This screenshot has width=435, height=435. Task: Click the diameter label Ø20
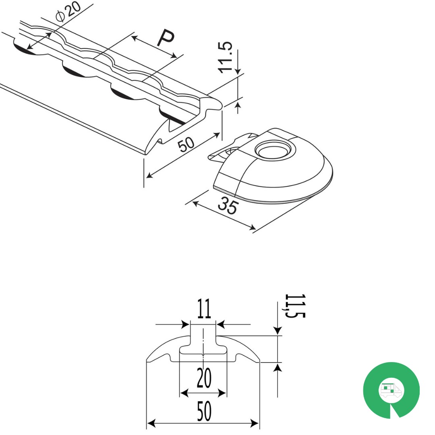[68, 11]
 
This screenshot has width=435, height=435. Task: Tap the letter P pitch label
[166, 37]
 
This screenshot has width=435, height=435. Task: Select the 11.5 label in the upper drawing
[225, 58]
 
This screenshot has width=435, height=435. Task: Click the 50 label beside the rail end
[186, 144]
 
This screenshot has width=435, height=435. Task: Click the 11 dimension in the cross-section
[204, 309]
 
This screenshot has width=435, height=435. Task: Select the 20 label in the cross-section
[204, 377]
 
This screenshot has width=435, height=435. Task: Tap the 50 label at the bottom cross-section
[204, 411]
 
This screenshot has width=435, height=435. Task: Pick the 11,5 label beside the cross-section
[294, 306]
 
